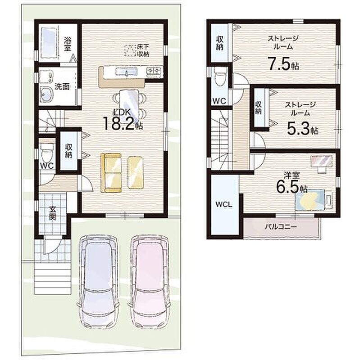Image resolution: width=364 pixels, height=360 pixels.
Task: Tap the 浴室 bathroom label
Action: (x=67, y=44)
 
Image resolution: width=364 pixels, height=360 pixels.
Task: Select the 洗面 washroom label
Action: (x=62, y=87)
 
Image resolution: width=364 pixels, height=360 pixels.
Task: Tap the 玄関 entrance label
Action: (x=52, y=213)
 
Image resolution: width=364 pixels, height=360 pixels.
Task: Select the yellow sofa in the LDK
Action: (x=111, y=173)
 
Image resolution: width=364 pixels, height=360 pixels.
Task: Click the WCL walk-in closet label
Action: (x=223, y=205)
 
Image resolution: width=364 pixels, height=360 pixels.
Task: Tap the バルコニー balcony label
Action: (x=281, y=226)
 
